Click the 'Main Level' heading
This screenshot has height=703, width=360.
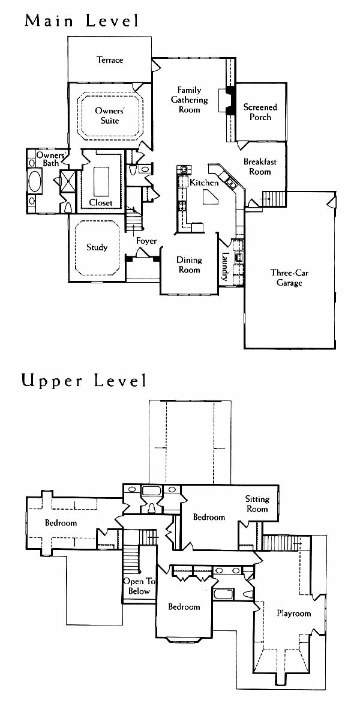tap(82, 20)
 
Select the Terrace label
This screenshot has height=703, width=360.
tap(110, 59)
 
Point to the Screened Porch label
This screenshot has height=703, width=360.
tap(260, 112)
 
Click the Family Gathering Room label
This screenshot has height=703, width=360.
tap(189, 100)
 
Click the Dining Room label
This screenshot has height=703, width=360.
tap(189, 265)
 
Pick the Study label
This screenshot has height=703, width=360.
tap(97, 247)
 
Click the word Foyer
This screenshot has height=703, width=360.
tap(146, 241)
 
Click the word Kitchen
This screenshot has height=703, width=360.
tap(204, 183)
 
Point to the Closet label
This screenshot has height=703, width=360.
tap(101, 203)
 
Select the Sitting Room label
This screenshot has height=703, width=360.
tap(257, 504)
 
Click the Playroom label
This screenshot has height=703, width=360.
tap(293, 614)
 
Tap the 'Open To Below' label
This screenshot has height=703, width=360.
tap(139, 587)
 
